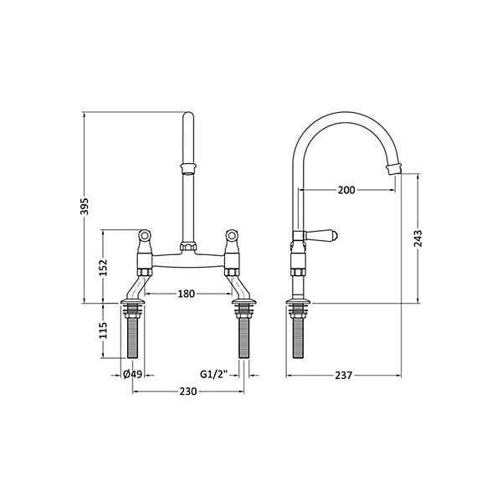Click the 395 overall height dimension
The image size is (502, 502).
85,206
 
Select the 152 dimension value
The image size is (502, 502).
104,267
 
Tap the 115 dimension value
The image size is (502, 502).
104,330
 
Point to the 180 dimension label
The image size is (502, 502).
187,294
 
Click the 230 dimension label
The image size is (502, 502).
188,392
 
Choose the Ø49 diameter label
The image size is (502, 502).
132,374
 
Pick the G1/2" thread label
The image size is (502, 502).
214,374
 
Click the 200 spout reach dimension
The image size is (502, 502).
346,190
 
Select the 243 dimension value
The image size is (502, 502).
418,238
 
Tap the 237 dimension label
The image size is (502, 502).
344,375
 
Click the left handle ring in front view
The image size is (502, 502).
145,235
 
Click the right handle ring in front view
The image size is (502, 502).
231,235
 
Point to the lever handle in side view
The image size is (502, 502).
320,236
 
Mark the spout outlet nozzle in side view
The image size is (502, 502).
394,169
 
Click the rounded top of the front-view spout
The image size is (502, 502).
188,116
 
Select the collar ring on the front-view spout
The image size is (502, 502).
188,168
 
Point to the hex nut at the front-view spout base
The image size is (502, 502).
188,246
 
